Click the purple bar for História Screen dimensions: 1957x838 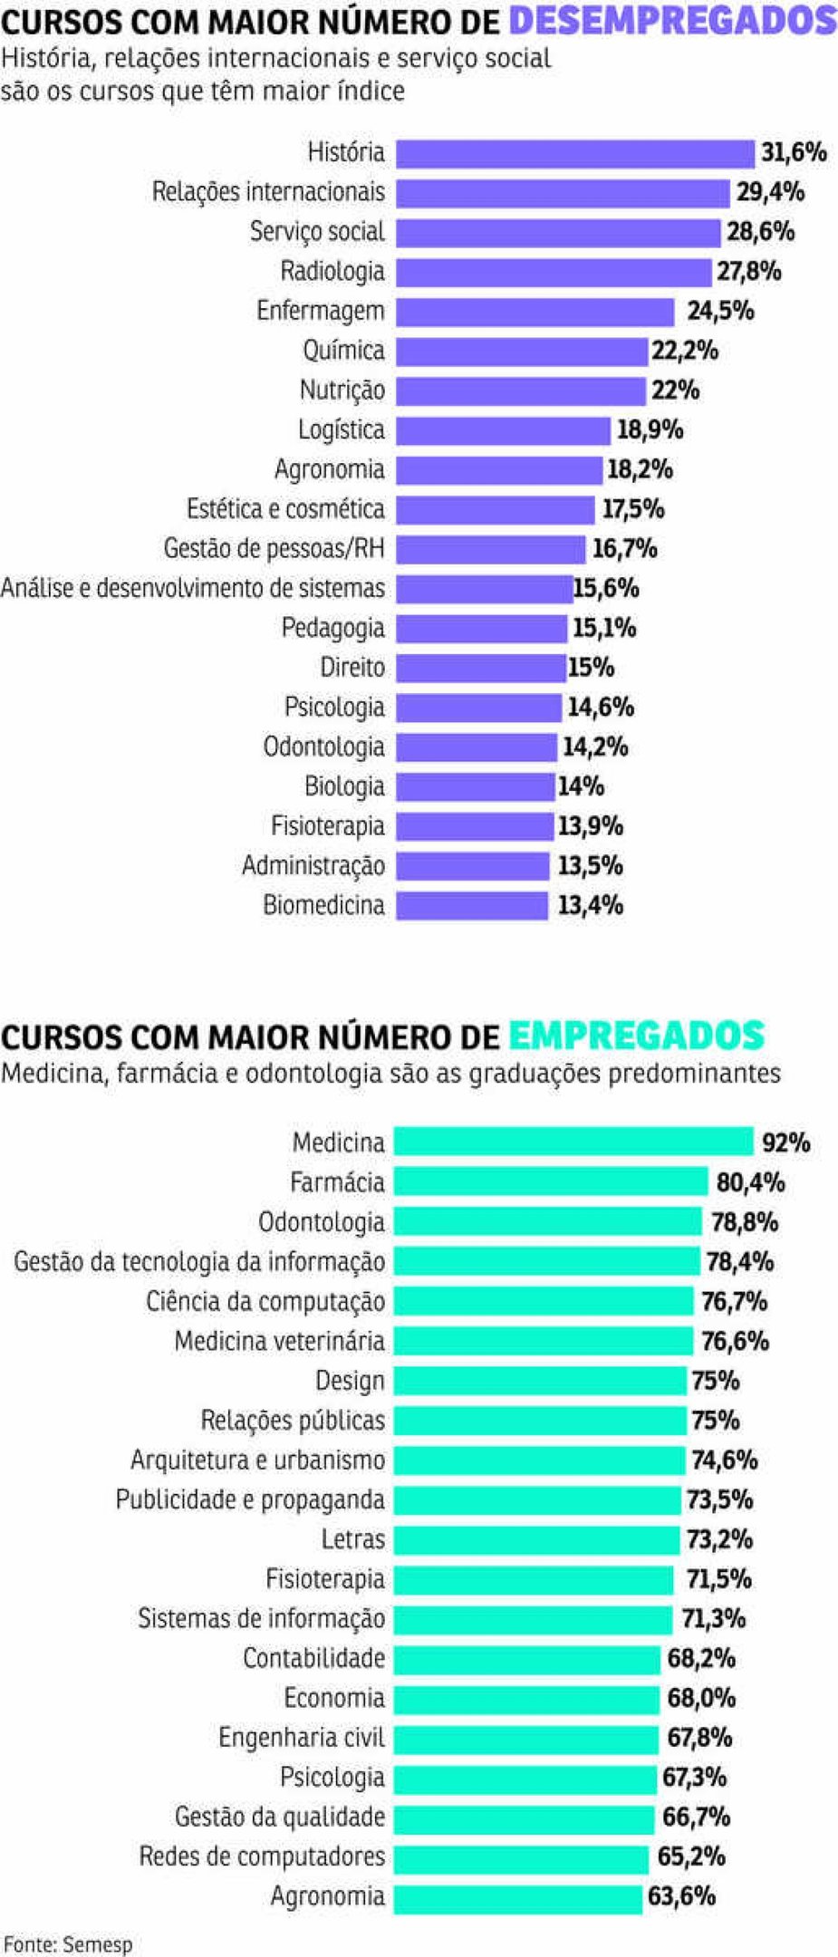(574, 153)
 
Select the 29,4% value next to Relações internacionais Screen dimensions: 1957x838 (770, 192)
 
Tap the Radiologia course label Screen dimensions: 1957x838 (332, 271)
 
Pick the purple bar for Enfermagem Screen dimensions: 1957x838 (535, 312)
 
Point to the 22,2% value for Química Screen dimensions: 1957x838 (684, 351)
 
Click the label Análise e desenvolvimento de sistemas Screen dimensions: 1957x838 (192, 588)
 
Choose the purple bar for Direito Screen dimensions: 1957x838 (480, 669)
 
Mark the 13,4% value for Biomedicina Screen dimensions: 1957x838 (590, 905)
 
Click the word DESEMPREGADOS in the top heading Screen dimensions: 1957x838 (672, 20)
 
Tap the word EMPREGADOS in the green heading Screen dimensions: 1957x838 (636, 1035)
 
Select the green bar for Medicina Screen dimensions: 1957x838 (573, 1142)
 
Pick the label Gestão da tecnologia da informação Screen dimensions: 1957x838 (199, 1261)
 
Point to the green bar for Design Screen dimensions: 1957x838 (540, 1381)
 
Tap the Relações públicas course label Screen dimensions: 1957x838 (293, 1420)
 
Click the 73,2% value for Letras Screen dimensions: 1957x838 (719, 1539)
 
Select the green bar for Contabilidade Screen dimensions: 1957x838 (526, 1659)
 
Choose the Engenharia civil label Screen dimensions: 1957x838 (302, 1738)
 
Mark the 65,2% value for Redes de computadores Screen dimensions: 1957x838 (691, 1856)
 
